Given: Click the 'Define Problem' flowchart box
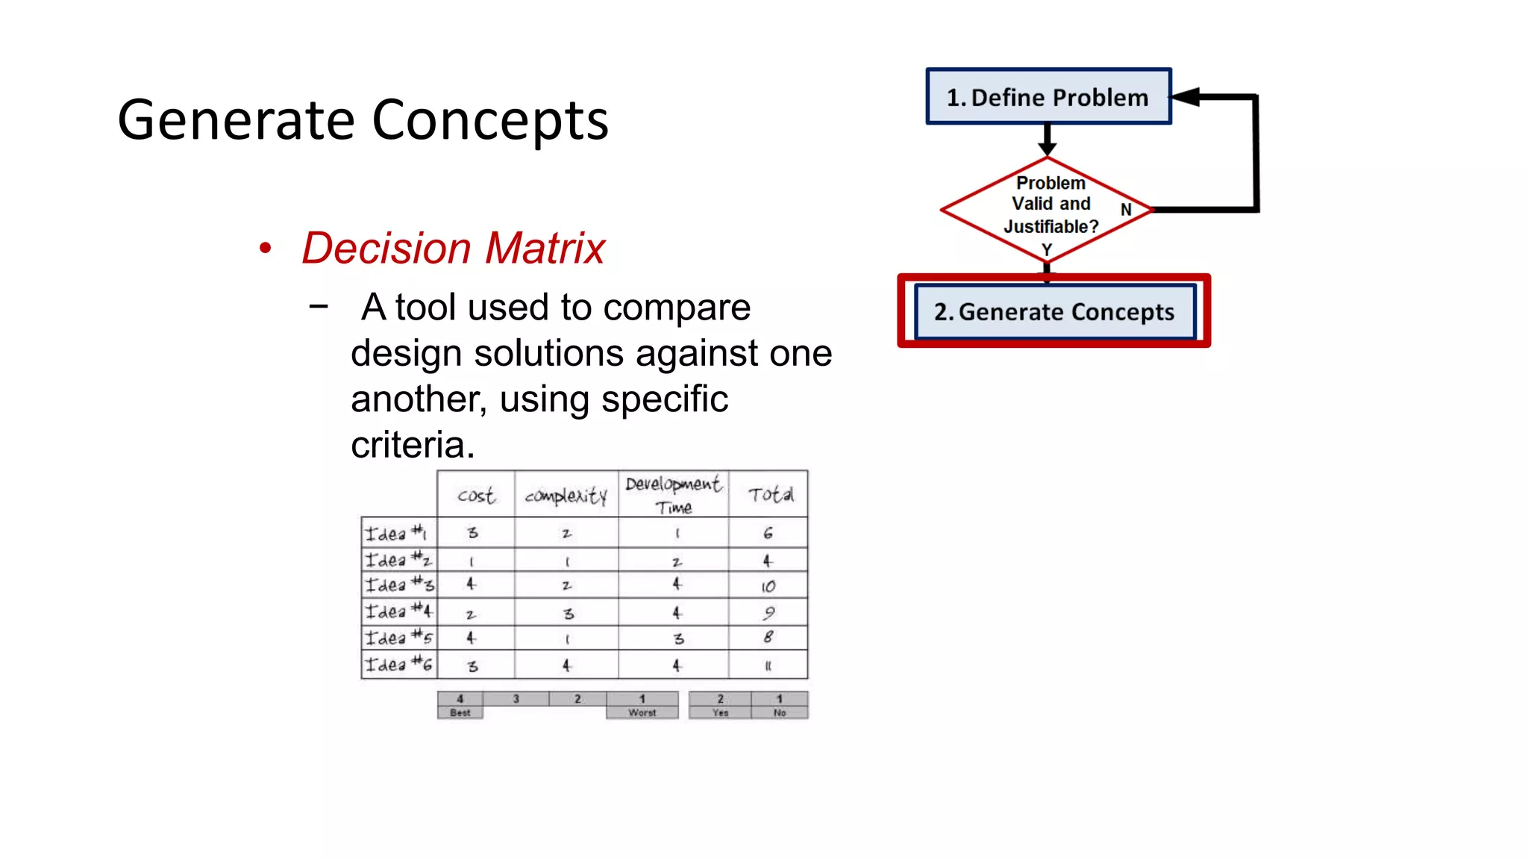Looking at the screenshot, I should click(x=1048, y=97).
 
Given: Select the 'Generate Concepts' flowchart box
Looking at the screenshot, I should click(x=1054, y=311).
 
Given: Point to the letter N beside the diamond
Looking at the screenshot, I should click(x=1126, y=210).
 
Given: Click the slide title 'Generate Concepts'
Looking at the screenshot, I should click(x=363, y=120).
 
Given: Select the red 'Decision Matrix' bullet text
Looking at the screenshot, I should click(x=453, y=248).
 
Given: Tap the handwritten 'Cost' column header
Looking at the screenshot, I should click(x=475, y=496).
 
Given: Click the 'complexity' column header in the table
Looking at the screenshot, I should click(x=566, y=496).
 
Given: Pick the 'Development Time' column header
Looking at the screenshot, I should click(x=673, y=494).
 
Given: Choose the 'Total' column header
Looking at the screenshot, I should click(x=769, y=494).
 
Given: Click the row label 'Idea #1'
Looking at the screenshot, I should click(x=396, y=533).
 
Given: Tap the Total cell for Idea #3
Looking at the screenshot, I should click(x=768, y=586).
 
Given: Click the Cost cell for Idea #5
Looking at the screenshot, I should click(x=471, y=638).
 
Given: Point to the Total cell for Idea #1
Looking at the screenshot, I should click(x=768, y=533).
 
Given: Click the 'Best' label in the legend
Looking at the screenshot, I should click(x=460, y=712).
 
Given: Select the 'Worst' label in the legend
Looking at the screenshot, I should click(x=642, y=712).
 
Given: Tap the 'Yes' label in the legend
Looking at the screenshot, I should click(x=720, y=712).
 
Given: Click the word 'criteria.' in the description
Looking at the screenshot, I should click(x=413, y=445).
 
